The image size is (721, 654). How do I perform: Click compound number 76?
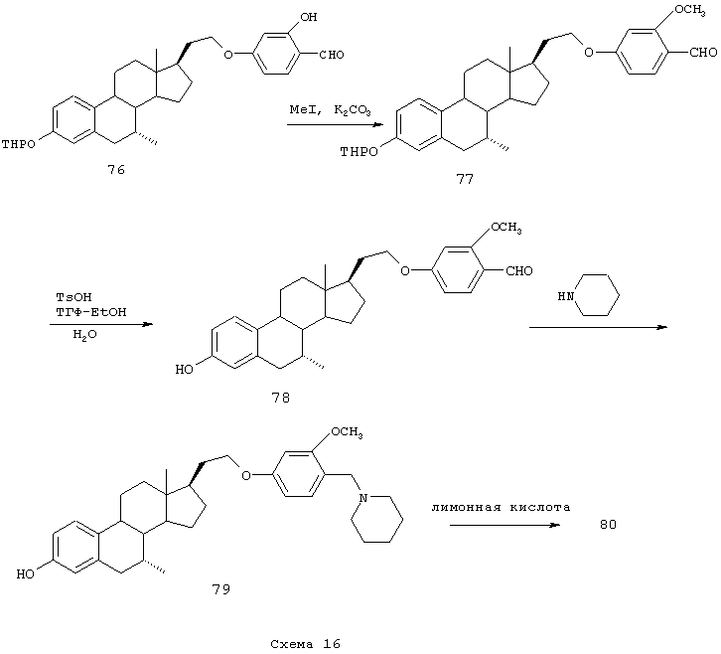[116, 171]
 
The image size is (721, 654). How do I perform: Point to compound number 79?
[220, 589]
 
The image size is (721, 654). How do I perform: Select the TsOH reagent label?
[67, 297]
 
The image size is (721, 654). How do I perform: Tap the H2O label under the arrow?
[84, 336]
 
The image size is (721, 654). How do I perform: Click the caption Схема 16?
[305, 643]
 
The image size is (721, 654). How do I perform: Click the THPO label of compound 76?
[19, 144]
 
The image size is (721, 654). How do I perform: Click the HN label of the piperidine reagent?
[564, 296]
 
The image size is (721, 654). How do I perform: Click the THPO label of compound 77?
[360, 152]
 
